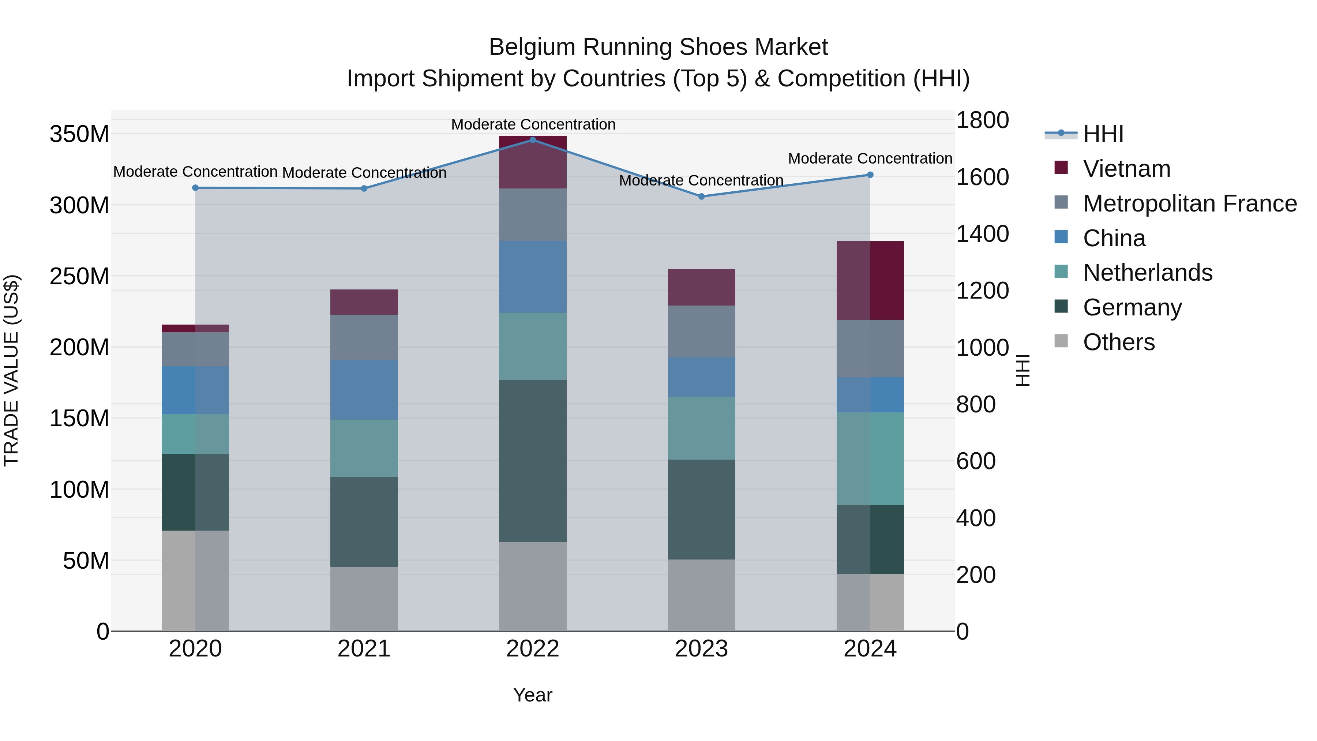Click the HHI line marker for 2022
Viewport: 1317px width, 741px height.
pyautogui.click(x=533, y=140)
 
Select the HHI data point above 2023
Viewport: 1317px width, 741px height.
pyautogui.click(x=701, y=197)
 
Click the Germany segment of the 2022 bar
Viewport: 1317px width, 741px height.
pyautogui.click(x=533, y=461)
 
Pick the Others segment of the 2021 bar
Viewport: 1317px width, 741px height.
pyautogui.click(x=364, y=599)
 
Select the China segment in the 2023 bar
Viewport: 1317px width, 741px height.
pyautogui.click(x=701, y=377)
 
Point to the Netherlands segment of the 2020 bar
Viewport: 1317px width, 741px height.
pyautogui.click(x=195, y=434)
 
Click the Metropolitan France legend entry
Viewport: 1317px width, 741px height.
pyautogui.click(x=1189, y=203)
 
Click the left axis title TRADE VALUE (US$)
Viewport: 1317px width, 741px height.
pyautogui.click(x=12, y=370)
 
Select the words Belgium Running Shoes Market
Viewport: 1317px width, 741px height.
pyautogui.click(x=658, y=47)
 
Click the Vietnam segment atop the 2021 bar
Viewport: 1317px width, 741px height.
pyautogui.click(x=364, y=302)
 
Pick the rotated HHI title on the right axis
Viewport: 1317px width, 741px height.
pyautogui.click(x=1023, y=370)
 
